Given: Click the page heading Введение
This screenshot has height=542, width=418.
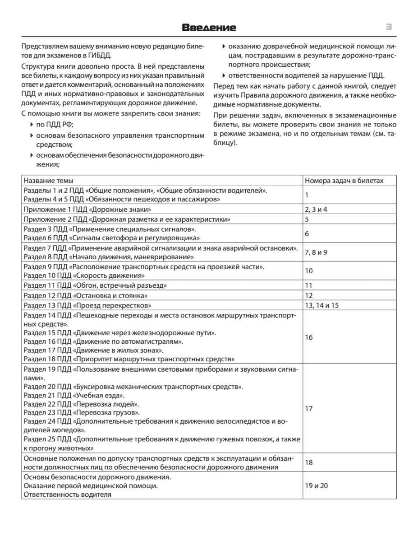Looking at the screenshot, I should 209,28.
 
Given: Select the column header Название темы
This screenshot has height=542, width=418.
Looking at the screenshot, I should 49,181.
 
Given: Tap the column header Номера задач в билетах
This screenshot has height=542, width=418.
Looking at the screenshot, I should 344,181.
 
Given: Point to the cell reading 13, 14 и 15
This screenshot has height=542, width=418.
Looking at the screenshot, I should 322,305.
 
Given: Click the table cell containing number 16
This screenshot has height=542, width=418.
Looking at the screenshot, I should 309,337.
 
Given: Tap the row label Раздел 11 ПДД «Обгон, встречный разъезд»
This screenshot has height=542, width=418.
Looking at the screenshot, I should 96,285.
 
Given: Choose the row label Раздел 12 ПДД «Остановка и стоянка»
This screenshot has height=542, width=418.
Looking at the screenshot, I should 86,295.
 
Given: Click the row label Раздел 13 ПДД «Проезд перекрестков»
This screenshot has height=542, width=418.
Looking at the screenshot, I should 87,305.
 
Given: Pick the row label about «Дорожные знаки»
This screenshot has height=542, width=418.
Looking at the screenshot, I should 87,210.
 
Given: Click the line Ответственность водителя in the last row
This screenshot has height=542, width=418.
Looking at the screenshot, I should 68,495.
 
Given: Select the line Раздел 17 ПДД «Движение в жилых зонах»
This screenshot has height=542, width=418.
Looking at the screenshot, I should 93,350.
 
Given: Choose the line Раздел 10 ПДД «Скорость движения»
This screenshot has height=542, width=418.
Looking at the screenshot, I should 84,275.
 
